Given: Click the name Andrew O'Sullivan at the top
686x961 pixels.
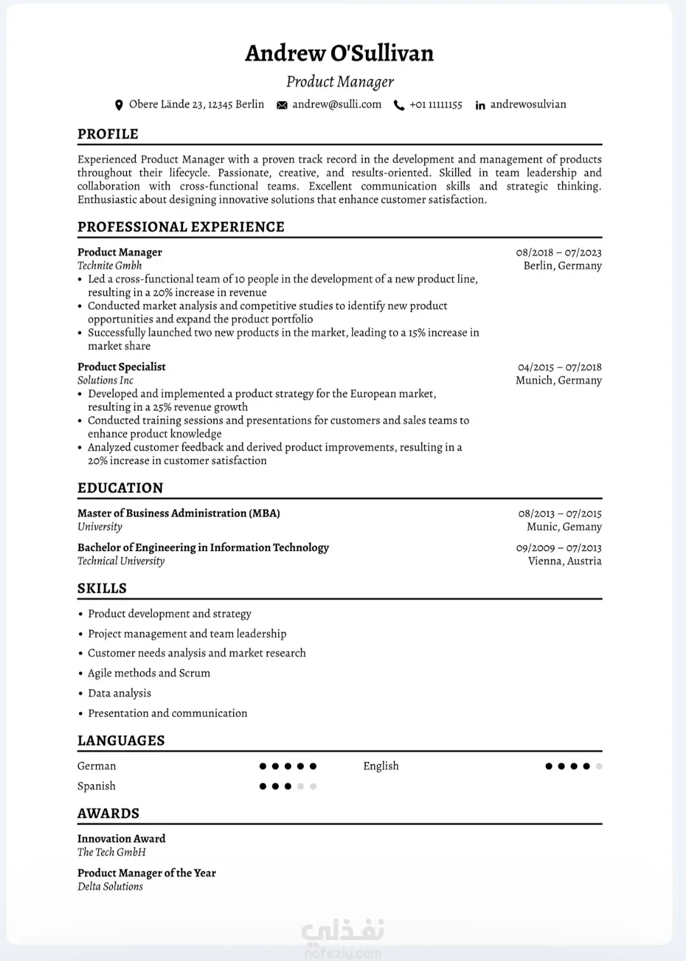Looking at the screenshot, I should point(339,53).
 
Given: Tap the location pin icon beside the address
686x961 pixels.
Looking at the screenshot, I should point(119,105).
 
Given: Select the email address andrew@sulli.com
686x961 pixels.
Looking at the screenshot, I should point(337,104).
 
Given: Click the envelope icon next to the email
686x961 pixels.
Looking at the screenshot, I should point(282,105).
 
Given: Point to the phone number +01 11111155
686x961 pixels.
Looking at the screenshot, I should point(436,104).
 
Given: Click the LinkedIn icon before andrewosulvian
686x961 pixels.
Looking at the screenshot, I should point(480,106).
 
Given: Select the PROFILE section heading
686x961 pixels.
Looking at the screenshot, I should point(108,134).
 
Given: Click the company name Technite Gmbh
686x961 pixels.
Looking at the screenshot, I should point(109,266).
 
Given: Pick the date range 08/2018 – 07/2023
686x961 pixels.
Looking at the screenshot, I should point(558,252).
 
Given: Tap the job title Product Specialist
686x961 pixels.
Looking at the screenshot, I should point(121,367).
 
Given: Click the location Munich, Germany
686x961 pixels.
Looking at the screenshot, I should point(558,380).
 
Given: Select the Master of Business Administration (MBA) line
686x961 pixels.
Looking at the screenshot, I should point(178,513).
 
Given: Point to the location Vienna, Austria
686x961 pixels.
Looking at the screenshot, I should point(565,561).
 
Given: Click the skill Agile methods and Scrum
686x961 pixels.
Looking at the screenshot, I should point(149,672).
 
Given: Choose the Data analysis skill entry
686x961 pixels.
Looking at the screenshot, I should point(119,693).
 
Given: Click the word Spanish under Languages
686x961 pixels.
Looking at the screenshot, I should point(97,786).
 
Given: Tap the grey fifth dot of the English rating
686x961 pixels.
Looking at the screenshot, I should point(599,766).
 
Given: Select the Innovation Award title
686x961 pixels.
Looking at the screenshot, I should point(121,838).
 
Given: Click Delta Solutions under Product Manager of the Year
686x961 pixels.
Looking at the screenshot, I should point(110,886).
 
